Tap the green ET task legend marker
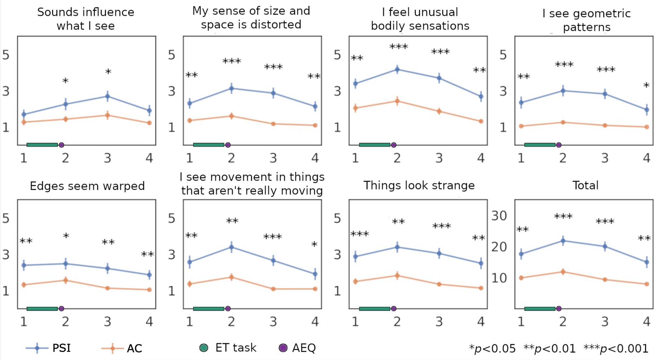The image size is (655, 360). click(204, 348)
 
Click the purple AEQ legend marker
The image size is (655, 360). click(283, 348)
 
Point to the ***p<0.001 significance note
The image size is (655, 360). click(616, 349)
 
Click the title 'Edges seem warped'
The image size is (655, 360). click(87, 186)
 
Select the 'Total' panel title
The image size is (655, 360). click(585, 185)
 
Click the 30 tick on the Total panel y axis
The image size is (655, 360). click(499, 216)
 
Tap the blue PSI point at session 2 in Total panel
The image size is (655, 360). click(563, 241)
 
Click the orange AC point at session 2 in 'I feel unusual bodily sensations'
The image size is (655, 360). click(397, 101)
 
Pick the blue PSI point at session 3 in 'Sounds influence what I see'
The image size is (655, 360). click(107, 96)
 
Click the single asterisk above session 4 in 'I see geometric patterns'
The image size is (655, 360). click(646, 86)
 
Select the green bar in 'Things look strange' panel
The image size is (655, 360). click(374, 308)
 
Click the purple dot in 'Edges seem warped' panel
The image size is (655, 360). click(61, 308)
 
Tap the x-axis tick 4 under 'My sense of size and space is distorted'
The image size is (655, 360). click(315, 158)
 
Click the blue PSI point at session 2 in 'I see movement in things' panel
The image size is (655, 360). click(231, 247)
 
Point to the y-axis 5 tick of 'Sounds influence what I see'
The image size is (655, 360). click(6, 55)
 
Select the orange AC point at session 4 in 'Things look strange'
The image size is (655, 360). click(481, 288)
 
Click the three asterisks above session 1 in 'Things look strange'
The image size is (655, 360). click(359, 234)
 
